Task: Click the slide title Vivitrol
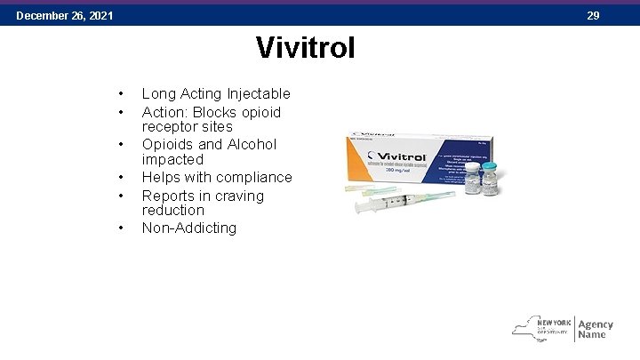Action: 305,47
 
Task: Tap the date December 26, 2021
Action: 65,15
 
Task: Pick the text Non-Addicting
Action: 189,228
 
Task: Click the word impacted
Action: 172,159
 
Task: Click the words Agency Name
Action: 595,329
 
